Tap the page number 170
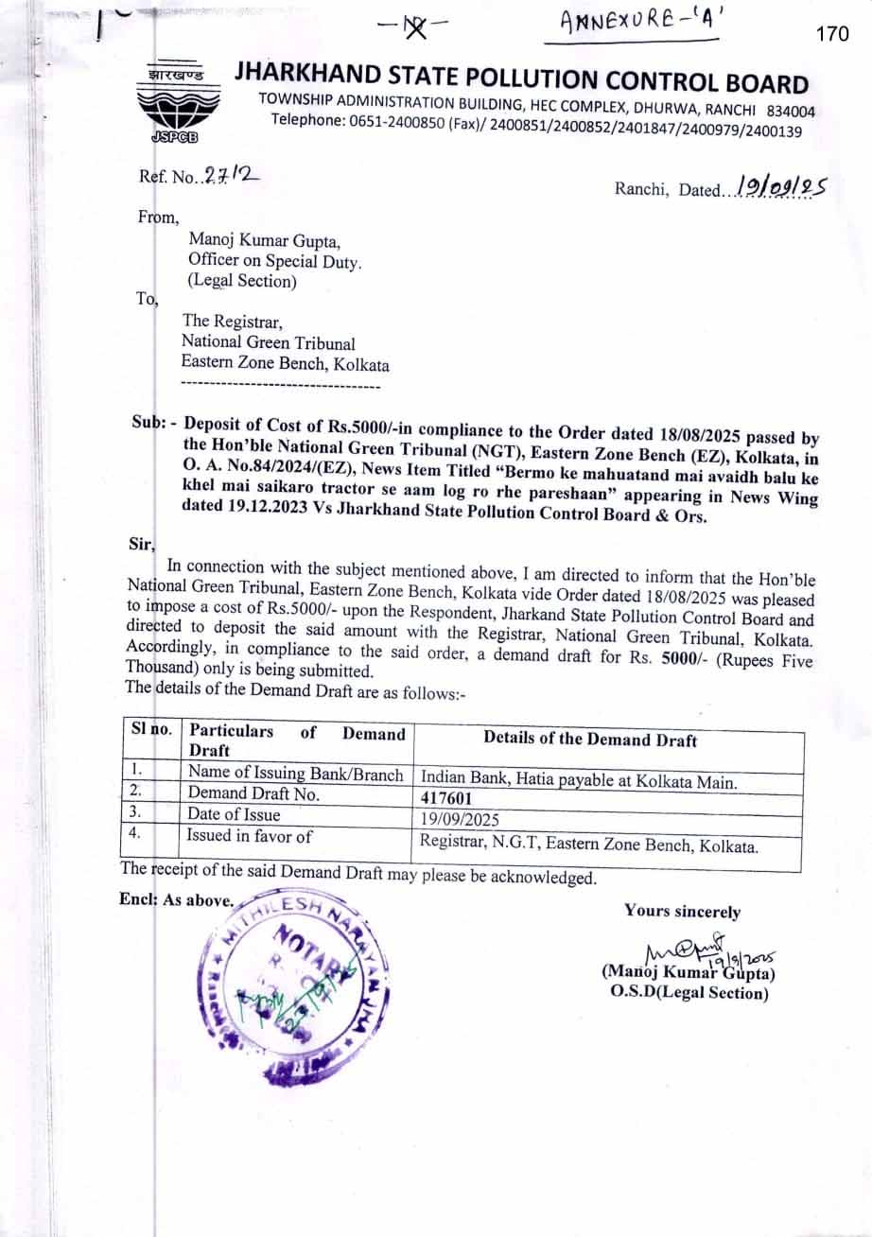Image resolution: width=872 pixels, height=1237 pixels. [831, 34]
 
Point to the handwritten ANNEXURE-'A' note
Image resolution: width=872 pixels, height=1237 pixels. [639, 24]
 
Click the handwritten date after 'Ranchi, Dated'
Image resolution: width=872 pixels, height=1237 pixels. [780, 186]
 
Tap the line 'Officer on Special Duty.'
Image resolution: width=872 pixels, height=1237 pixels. [274, 261]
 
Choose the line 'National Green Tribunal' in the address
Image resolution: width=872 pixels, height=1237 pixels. [269, 343]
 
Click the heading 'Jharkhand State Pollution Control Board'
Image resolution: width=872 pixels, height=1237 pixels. [521, 78]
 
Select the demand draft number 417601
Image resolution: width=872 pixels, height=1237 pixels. [446, 798]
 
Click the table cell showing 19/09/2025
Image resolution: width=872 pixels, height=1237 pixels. [460, 819]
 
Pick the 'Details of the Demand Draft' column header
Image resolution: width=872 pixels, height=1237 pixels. [590, 739]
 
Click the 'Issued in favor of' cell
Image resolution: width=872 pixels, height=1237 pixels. [249, 835]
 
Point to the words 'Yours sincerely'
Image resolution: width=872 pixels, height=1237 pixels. [682, 912]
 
